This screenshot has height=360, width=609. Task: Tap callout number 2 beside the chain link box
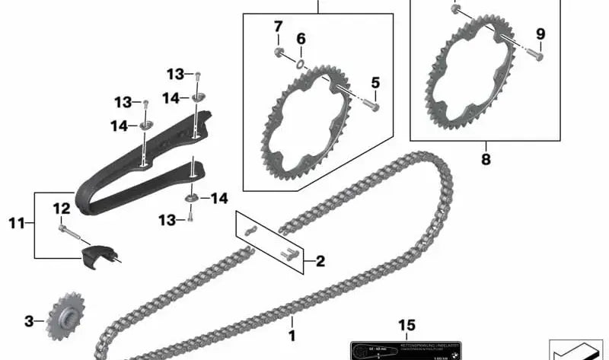320,262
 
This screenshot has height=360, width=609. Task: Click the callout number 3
29,322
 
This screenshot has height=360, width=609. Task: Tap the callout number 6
301,38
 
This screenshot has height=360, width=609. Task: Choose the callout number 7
279,28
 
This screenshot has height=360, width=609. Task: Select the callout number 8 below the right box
486,161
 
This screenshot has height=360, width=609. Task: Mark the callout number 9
540,33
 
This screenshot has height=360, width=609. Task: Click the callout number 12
62,208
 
